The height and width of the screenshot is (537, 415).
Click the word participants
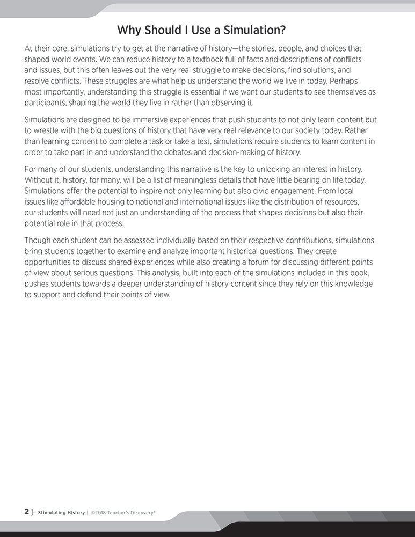click(47, 103)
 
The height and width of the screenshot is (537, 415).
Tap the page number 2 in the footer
click(27, 512)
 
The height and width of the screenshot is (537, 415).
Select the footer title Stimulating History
click(61, 513)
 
